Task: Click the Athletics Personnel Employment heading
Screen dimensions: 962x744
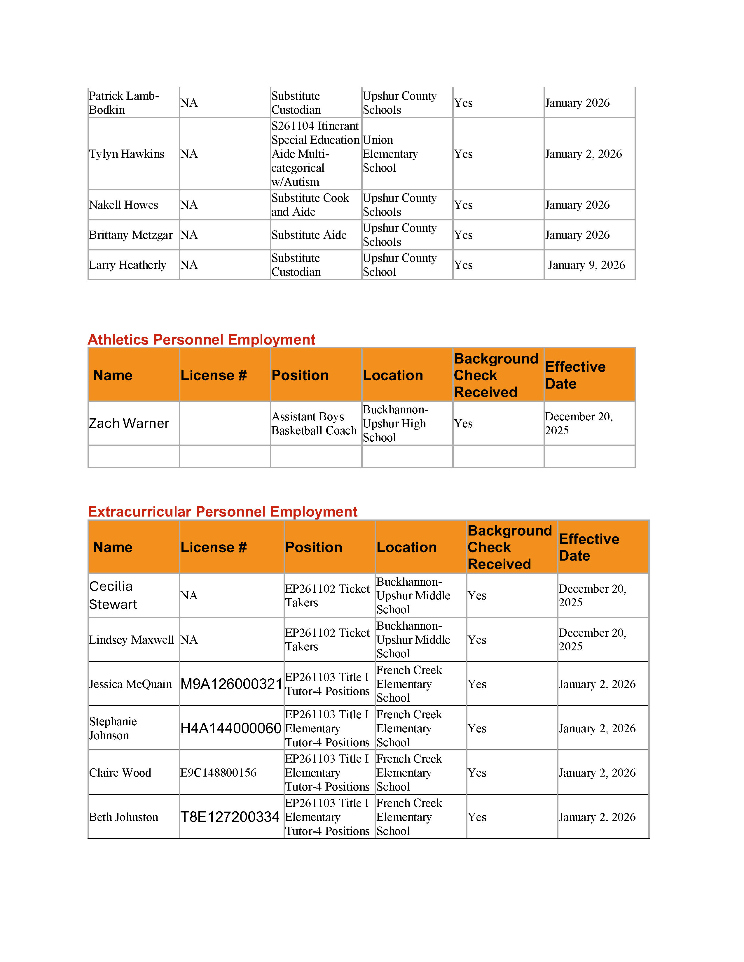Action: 201,340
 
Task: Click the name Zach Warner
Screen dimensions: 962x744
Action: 129,423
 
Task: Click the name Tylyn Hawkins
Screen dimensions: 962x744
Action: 127,154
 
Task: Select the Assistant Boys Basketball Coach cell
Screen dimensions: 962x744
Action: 314,423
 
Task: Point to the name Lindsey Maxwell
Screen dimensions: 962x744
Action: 131,640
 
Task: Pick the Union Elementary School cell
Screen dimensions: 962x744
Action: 390,154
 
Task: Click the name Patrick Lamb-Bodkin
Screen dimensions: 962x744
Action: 123,103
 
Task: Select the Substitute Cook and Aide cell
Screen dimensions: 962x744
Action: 310,205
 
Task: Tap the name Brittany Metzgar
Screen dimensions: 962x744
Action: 130,235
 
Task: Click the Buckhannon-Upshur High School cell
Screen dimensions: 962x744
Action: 395,423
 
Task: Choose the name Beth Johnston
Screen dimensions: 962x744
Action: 123,817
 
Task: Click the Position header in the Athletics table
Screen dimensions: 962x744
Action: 300,375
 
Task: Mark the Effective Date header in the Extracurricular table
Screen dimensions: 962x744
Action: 589,547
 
